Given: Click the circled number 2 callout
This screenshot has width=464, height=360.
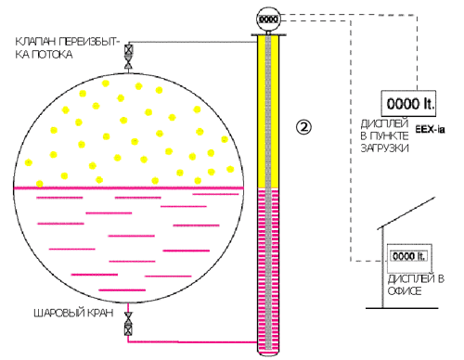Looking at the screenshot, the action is pos(303,127).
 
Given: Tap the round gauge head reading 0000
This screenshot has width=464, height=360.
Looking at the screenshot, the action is pos(268,19).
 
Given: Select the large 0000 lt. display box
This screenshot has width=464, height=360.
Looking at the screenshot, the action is pos(408,103).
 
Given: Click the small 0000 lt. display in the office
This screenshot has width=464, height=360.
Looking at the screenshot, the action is pos(409,256).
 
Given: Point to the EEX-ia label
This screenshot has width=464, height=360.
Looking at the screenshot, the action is pos(430,129).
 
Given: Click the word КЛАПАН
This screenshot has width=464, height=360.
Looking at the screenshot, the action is pos(35,42).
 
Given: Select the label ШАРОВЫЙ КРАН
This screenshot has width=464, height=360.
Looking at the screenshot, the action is pos(73,313).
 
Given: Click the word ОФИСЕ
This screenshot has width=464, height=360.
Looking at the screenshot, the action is pos(405,291).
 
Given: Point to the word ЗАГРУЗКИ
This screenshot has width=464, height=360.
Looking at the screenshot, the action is pos(385,148).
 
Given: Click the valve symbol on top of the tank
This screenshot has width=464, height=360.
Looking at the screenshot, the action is pos(128,58).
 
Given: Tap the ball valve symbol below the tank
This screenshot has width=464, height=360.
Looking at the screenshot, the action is pos(128,324).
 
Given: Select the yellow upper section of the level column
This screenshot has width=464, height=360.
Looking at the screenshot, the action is pos(268,111).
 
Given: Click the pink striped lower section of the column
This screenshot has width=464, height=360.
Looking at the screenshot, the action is pos(268,270).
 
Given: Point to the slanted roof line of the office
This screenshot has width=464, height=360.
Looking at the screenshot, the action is pos(406,213).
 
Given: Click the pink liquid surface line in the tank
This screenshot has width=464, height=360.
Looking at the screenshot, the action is pos(129,187).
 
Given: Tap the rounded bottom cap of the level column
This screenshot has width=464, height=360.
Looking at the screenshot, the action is pos(268,353).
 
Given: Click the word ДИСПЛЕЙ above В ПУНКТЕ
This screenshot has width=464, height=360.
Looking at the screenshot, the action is pos(384,123).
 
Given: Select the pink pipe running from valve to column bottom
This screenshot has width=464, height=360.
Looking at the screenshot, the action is pos(192,342).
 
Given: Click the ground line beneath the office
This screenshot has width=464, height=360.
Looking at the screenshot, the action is pos(402,308).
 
